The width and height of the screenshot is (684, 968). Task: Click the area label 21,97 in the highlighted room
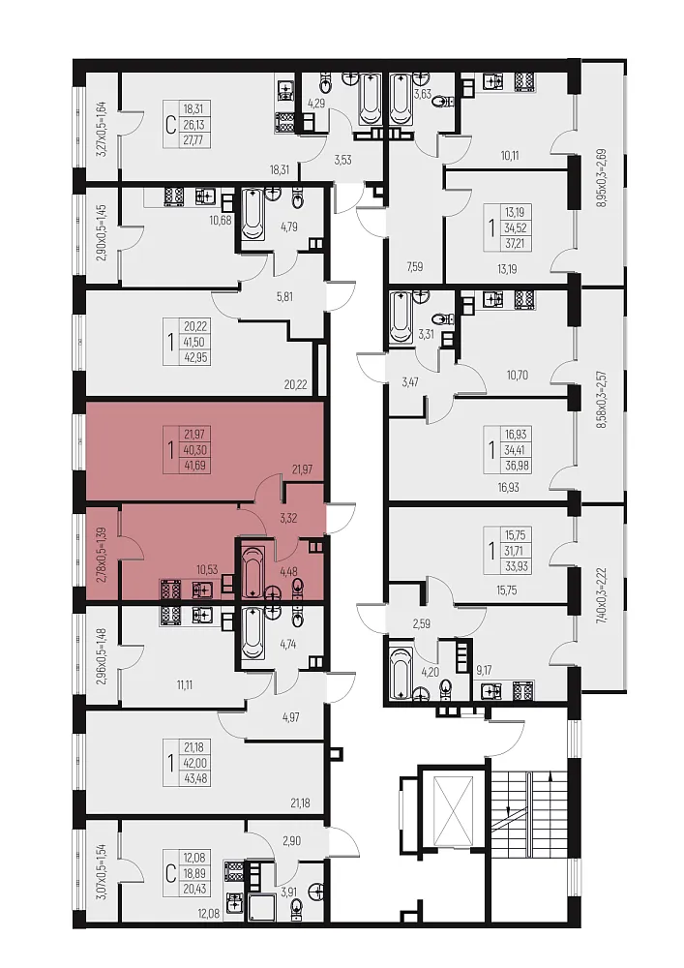[x=302, y=469]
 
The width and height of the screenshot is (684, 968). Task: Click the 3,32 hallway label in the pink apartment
[x=288, y=518]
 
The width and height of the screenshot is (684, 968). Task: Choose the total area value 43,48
[x=194, y=779]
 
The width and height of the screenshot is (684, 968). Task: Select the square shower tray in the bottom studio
[x=260, y=904]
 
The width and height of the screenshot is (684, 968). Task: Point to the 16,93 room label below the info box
[x=508, y=487]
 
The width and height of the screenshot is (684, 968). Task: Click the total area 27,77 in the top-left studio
[x=193, y=140]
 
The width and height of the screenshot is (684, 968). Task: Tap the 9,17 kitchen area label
[x=484, y=669]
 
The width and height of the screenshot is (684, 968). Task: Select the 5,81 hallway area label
[x=284, y=296]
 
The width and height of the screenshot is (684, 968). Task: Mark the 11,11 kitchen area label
[x=185, y=684]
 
